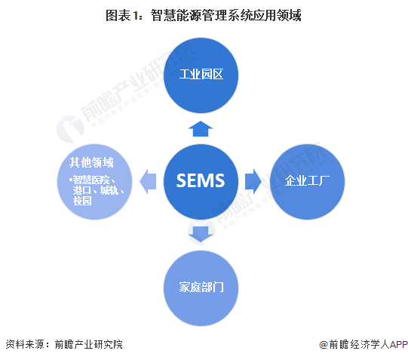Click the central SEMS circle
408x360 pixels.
[201, 181]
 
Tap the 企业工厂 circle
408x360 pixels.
[308, 181]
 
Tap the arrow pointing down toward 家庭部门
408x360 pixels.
[201, 234]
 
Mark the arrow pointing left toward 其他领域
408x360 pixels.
[148, 181]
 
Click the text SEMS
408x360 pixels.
[201, 181]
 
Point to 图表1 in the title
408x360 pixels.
[122, 14]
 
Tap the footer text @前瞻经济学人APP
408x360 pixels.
[362, 344]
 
